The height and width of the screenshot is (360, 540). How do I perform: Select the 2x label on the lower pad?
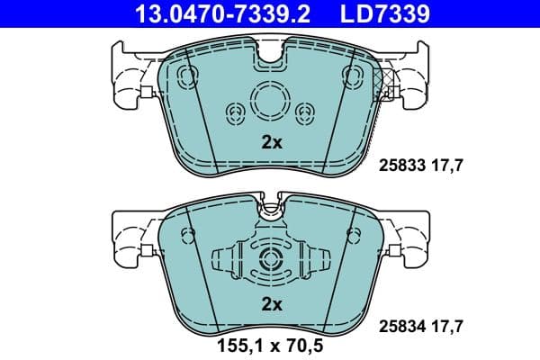(x=271, y=304)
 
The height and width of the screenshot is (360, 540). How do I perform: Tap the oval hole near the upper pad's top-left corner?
(x=187, y=74)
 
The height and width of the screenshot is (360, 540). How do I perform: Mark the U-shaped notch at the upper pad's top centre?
(x=270, y=56)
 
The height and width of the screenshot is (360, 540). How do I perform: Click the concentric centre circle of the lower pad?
(x=270, y=261)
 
